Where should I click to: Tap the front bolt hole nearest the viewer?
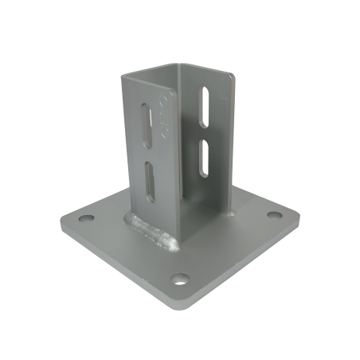pos(182,279)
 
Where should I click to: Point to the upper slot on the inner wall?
pos(205,105)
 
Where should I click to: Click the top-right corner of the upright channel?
pos(237,78)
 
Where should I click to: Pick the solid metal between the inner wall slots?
pos(205,131)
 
